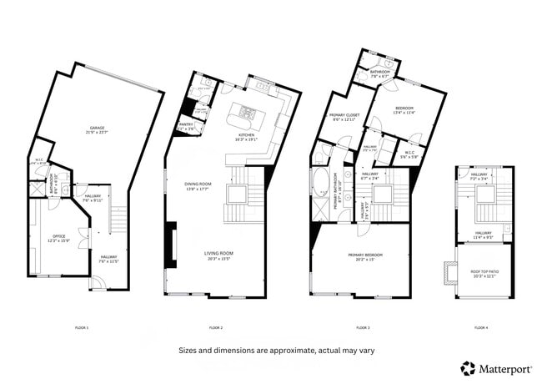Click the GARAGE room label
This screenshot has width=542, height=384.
pyautogui.click(x=98, y=130)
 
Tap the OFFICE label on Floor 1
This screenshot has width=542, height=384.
pyautogui.click(x=59, y=239)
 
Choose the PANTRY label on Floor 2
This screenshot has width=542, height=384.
pyautogui.click(x=186, y=125)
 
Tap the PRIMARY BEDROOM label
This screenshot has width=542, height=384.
pyautogui.click(x=360, y=256)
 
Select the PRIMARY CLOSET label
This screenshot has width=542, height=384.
pyautogui.click(x=343, y=118)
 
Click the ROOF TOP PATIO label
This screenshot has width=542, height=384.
pyautogui.click(x=484, y=273)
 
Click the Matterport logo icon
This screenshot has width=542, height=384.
pyautogui.click(x=469, y=367)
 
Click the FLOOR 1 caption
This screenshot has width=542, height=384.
pyautogui.click(x=81, y=327)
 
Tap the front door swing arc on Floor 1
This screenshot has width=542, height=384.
pyautogui.click(x=97, y=284)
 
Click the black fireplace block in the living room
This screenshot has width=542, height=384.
pyautogui.click(x=171, y=244)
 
